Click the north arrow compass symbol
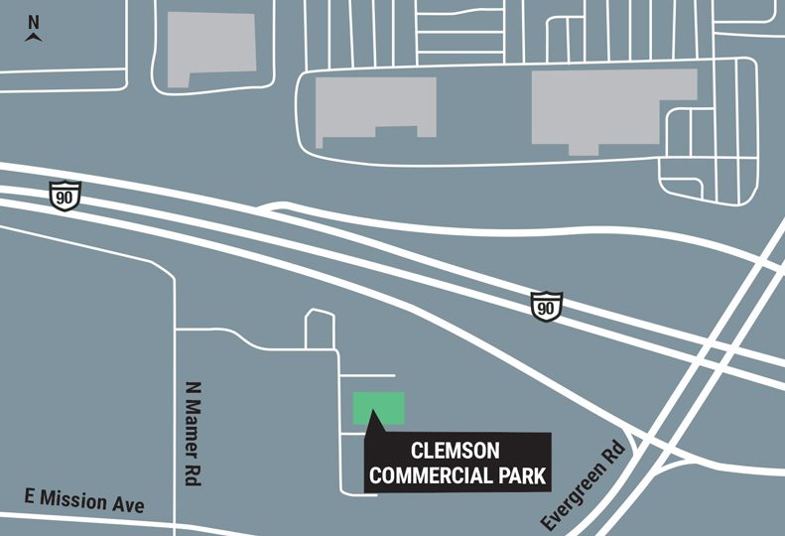(x=34, y=36)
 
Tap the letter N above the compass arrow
(x=34, y=21)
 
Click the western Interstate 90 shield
(x=65, y=194)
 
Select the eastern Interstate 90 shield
(x=546, y=305)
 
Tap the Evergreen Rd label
(x=588, y=487)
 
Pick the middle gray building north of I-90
(x=375, y=110)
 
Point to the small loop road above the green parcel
(x=320, y=329)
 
